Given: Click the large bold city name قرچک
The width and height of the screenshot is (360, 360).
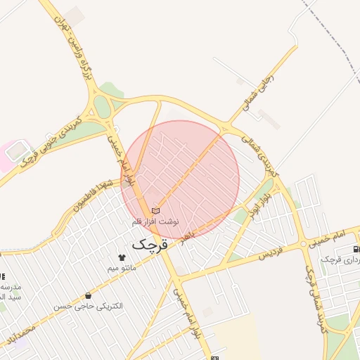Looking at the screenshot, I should click(151, 245).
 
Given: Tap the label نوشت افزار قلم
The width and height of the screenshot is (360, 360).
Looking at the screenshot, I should click(156, 221).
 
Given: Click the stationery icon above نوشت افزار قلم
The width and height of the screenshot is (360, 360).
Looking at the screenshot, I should click(155, 210).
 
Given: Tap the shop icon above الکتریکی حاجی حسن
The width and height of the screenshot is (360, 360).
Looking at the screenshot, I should click(88, 295).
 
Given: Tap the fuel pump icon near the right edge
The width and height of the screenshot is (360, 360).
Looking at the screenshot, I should click(356, 249).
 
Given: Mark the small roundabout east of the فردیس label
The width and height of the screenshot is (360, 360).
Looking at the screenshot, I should click(303, 244).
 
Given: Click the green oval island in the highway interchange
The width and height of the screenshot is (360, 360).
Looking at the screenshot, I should click(103, 107).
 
